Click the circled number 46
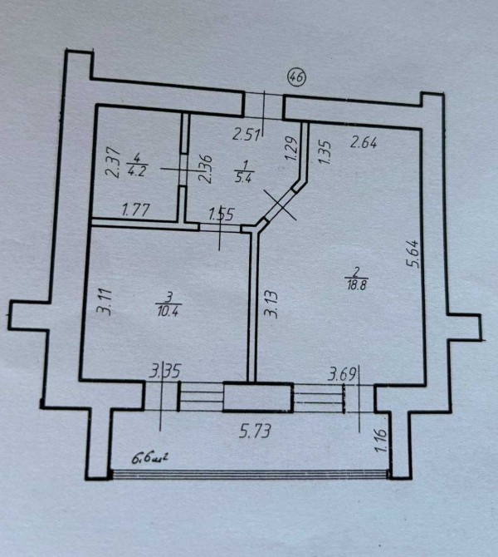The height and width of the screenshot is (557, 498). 296,76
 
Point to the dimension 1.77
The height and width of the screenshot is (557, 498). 135,210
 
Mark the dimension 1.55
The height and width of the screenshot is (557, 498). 219,214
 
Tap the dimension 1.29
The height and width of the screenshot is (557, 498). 290,148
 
